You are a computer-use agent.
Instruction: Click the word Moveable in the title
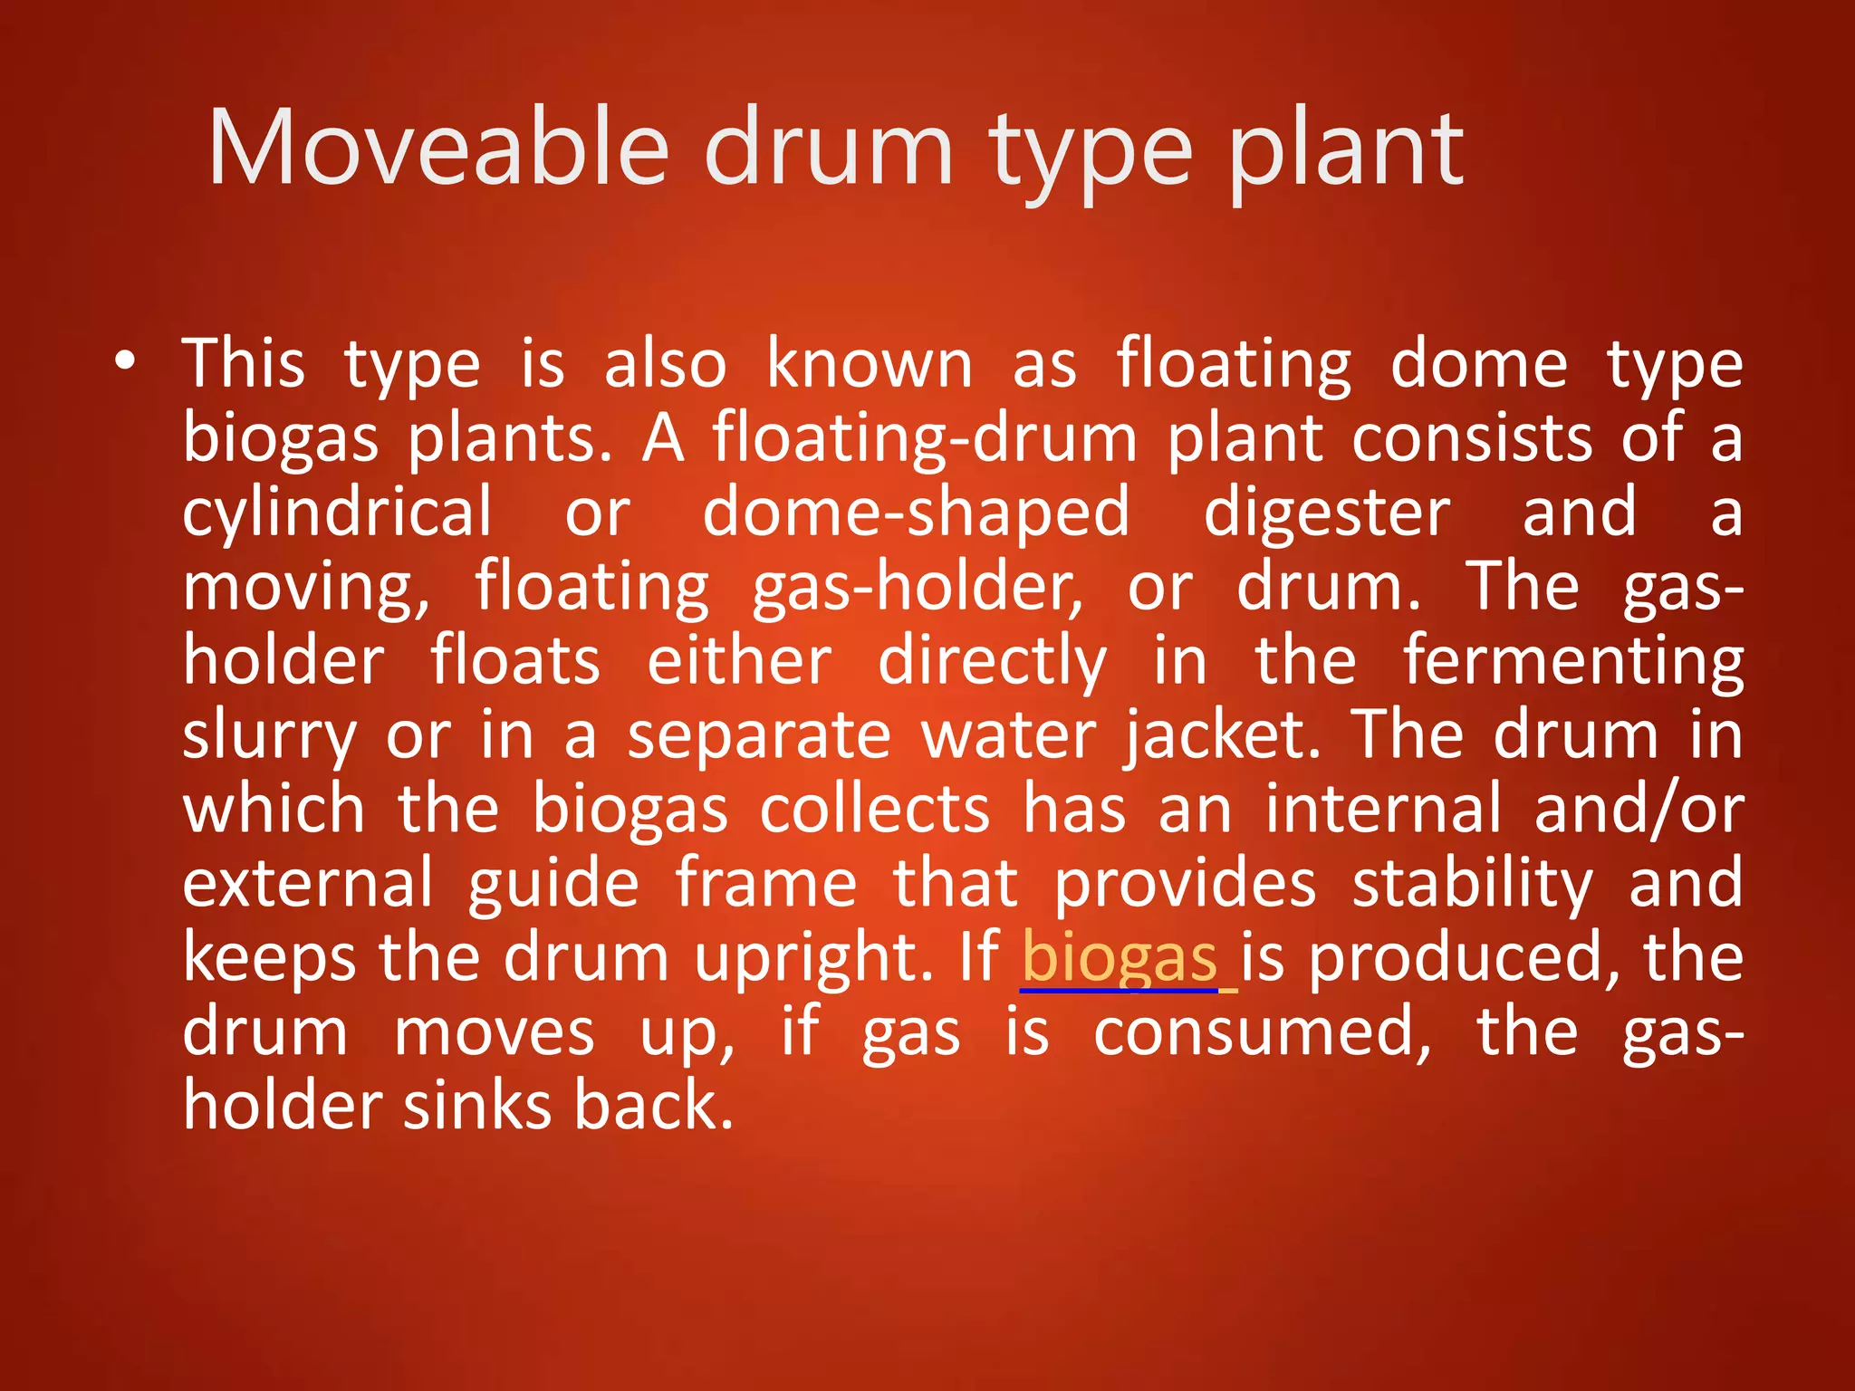coord(438,148)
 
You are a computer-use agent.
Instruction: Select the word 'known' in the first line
coord(870,364)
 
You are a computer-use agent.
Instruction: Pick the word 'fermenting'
coord(1573,663)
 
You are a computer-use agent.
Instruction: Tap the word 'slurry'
coord(270,737)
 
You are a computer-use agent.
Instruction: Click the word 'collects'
coord(875,810)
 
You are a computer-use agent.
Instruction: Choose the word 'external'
coord(308,884)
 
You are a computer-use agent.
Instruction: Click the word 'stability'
coord(1472,886)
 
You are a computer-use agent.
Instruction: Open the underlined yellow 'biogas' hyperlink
coord(1120,960)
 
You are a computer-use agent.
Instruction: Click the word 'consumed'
coord(1262,1034)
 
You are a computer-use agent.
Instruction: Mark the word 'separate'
coord(759,737)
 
